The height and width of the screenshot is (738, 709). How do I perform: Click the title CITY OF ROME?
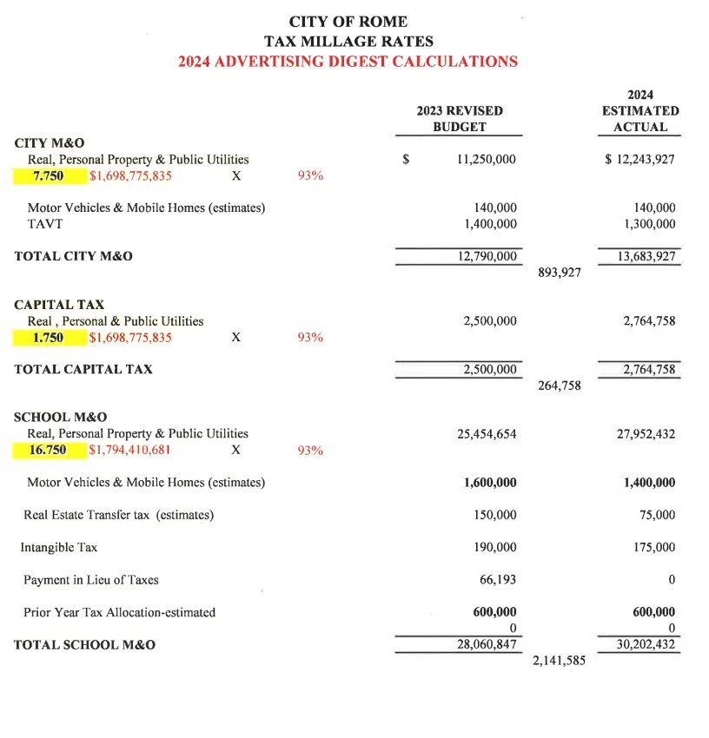coord(348,22)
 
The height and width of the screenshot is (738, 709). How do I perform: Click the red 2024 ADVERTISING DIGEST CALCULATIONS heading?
coord(348,62)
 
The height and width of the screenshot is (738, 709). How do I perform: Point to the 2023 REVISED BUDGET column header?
coord(460,119)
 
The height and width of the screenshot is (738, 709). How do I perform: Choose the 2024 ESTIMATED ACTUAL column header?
coord(640,110)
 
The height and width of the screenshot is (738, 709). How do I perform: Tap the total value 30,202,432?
coord(640,645)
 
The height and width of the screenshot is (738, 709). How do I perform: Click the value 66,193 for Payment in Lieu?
coord(497,579)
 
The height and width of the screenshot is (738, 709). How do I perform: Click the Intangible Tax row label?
coord(59,548)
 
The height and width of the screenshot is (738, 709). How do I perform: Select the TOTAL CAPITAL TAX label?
coord(83,369)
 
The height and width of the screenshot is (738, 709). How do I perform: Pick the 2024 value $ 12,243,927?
coord(639,160)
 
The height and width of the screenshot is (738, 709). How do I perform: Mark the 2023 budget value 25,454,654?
coord(487,433)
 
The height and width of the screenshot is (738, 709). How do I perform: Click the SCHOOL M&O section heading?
coord(61,417)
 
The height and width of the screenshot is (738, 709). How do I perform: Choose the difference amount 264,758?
coord(560,385)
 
